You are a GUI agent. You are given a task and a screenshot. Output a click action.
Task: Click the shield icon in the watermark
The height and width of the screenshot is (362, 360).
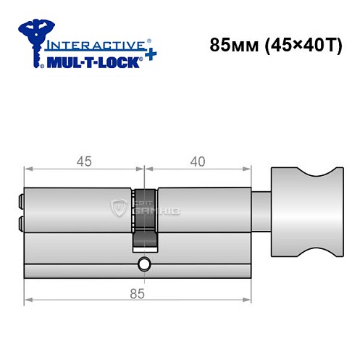118,209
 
